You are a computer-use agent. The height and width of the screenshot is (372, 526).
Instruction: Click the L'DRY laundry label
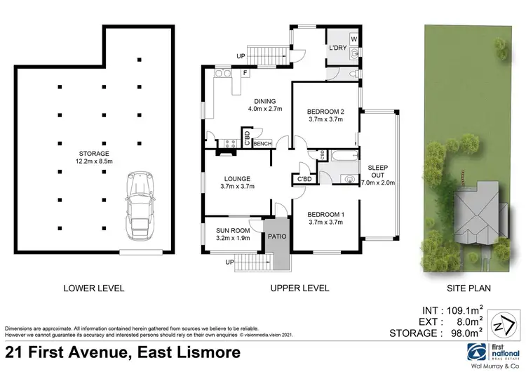click(338, 48)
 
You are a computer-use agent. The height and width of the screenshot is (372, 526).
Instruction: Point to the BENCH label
click(263, 144)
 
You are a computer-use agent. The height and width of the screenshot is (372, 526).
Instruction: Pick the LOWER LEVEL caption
click(93, 288)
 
